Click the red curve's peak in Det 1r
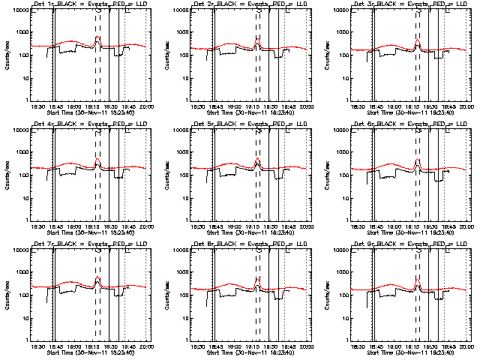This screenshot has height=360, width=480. (98, 37)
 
